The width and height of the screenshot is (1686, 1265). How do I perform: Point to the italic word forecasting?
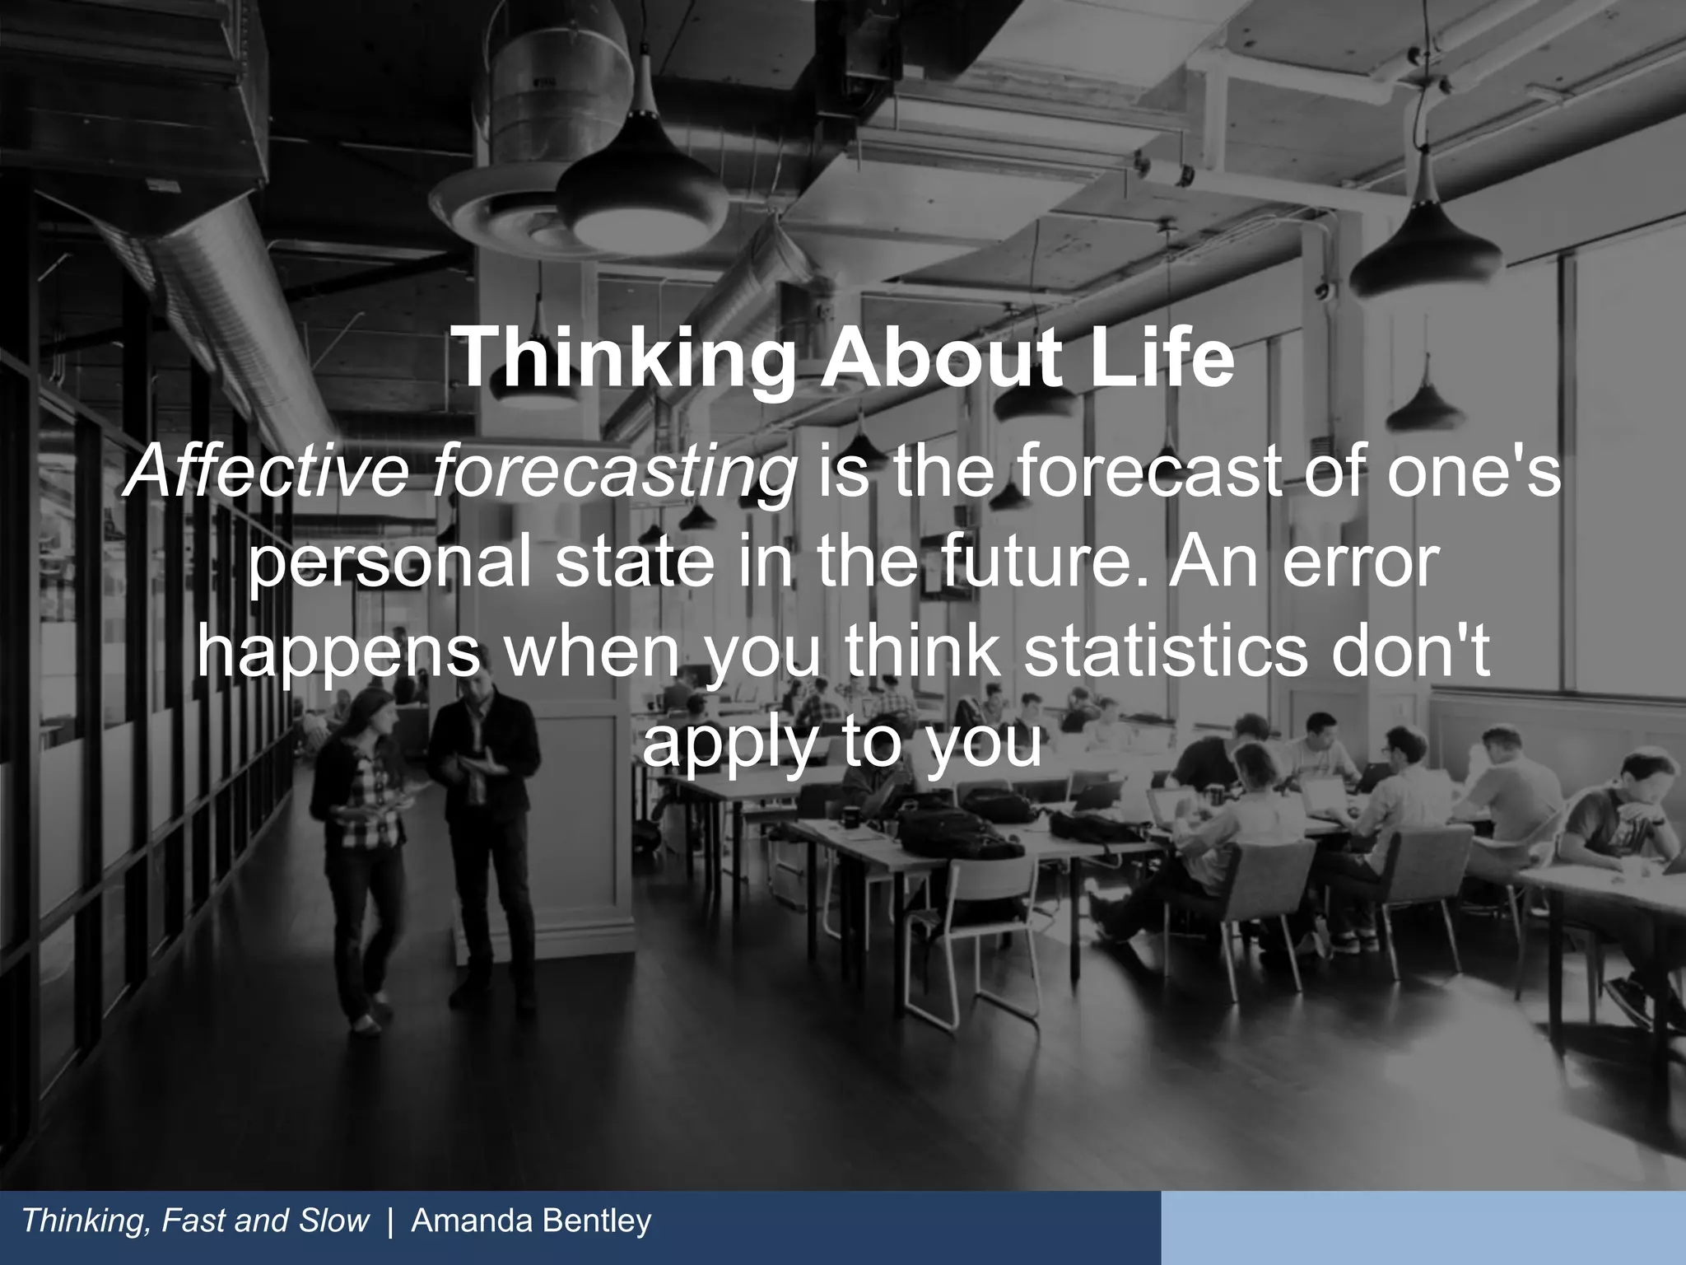[x=614, y=476]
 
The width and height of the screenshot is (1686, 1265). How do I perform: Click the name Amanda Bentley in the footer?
[x=531, y=1221]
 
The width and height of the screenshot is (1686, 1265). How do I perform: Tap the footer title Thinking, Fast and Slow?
[x=196, y=1221]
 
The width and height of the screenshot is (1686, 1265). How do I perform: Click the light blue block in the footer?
[x=1423, y=1227]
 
